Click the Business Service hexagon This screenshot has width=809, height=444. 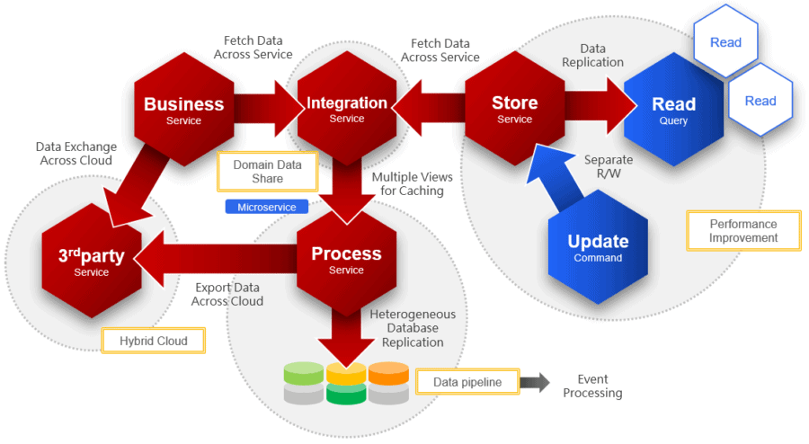point(183,110)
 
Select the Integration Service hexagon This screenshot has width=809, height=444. point(347,110)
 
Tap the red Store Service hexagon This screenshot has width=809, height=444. point(514,110)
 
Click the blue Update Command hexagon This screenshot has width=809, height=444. point(598,248)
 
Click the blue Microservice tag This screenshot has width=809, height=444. point(266,207)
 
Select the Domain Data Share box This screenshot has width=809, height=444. point(267,172)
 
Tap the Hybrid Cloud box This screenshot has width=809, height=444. point(154,341)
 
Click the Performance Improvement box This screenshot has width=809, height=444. point(742,231)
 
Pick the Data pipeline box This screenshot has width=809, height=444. point(467,382)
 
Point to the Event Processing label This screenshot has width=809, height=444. point(592,386)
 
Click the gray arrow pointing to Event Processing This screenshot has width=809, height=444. point(535,382)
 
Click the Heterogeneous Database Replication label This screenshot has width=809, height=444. point(413,328)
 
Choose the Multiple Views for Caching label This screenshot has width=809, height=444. point(413,184)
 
